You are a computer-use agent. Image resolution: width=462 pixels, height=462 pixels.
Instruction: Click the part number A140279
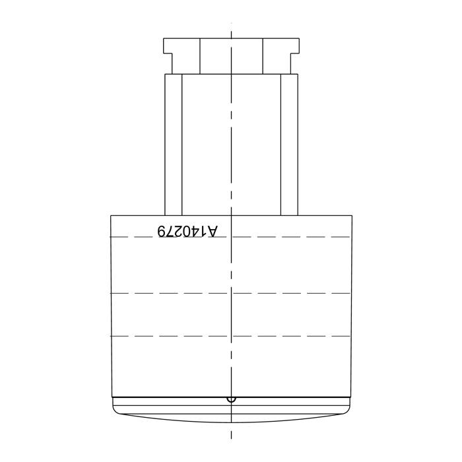[187, 231]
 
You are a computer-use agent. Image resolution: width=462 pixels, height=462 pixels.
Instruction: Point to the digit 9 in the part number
[161, 231]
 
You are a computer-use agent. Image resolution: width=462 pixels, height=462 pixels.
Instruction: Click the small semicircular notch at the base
[231, 400]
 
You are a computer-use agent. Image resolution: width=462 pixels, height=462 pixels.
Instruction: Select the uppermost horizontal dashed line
[230, 236]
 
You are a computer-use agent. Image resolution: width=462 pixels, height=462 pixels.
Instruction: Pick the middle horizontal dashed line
[230, 293]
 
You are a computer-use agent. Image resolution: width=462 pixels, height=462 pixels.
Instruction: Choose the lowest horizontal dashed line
[230, 336]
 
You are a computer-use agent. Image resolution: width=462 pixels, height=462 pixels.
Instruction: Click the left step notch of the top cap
[168, 63]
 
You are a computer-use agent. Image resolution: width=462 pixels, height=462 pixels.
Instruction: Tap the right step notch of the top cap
[294, 63]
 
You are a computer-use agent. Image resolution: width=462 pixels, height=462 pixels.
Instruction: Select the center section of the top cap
[231, 56]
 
